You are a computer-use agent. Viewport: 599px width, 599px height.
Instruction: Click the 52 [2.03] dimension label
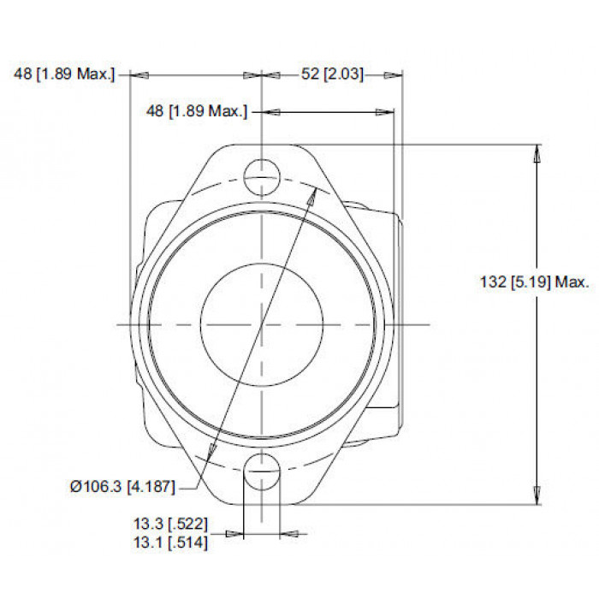click(332, 74)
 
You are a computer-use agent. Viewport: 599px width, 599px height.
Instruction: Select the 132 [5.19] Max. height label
click(535, 282)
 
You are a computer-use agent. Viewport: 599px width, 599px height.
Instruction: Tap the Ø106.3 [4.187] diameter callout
click(122, 486)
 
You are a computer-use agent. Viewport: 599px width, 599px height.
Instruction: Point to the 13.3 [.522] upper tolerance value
click(170, 524)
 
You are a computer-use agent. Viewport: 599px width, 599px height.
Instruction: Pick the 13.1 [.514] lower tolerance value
click(170, 543)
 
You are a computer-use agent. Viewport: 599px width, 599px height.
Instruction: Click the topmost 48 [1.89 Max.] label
click(64, 74)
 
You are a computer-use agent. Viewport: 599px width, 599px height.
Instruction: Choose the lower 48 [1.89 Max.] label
click(197, 111)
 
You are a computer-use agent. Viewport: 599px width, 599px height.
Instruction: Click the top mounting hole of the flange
click(262, 178)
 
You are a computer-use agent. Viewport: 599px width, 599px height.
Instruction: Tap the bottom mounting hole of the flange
click(262, 471)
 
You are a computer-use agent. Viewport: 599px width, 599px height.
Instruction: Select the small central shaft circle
click(262, 324)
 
